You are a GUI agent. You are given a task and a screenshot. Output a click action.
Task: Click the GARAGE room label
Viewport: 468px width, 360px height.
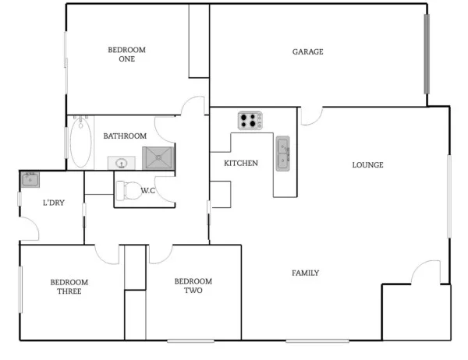coord(307,52)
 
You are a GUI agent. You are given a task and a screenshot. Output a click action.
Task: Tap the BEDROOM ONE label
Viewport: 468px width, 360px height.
coord(126,54)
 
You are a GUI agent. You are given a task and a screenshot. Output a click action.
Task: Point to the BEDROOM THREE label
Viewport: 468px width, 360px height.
coord(69,287)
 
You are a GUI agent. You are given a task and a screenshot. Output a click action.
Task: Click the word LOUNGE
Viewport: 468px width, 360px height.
coord(367,165)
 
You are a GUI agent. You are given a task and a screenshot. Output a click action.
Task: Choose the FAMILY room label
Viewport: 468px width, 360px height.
coord(305,273)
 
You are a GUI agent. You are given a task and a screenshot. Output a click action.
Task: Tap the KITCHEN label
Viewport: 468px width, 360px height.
coord(241,164)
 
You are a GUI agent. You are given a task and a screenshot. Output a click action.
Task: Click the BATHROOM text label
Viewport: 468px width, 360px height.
coord(125,136)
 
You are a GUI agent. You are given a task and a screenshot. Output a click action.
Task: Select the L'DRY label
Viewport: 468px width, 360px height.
coord(53,203)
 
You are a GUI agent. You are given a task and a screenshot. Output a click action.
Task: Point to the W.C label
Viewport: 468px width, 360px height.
coord(150,191)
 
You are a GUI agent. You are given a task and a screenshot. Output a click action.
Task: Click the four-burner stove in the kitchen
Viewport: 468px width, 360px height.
coord(250,121)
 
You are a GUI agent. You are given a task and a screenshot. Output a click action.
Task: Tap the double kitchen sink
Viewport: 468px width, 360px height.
coord(282,154)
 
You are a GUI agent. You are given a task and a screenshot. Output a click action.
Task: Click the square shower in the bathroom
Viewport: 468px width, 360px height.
coord(158,157)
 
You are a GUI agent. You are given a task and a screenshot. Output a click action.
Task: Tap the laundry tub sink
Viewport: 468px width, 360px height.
coord(30,179)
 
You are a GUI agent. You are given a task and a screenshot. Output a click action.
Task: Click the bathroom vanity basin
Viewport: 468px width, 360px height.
coord(122,163)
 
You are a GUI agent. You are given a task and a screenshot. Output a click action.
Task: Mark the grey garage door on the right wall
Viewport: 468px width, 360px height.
coord(426,53)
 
